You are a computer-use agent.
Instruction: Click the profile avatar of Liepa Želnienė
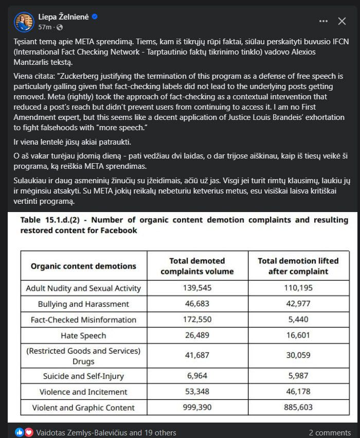[24, 21]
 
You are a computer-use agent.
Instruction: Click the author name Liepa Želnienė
[64, 16]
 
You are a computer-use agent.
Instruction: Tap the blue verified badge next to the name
[95, 16]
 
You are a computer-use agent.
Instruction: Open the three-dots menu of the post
[323, 21]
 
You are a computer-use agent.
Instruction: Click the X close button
[342, 21]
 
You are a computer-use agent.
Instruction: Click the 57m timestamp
[45, 27]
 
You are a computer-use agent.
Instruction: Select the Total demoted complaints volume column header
[197, 266]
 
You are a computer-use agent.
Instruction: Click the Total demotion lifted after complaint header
[298, 266]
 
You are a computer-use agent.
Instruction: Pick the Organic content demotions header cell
[83, 266]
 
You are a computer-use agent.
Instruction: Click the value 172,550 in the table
[197, 320]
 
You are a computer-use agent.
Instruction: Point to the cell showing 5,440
[298, 320]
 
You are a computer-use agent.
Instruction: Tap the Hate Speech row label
[83, 336]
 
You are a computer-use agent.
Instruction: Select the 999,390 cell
[197, 407]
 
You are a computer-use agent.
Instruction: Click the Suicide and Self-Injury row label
[83, 376]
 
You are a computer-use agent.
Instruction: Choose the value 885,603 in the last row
[298, 407]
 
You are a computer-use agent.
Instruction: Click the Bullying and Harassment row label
[83, 304]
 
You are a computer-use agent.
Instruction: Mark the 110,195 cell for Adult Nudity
[298, 288]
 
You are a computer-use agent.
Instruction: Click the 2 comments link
[330, 433]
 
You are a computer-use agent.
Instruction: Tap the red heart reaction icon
[29, 433]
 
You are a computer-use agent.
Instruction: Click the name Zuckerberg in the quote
[82, 76]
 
